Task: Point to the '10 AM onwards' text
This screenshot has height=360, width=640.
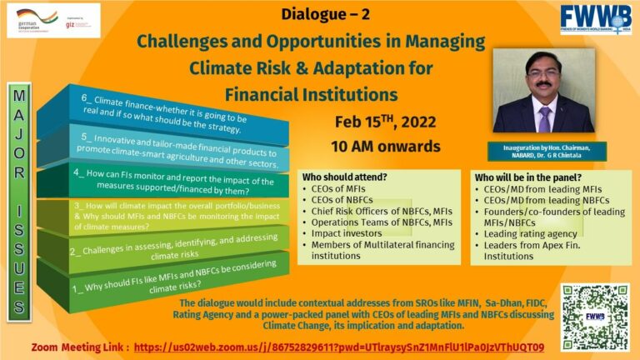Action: pyautogui.click(x=386, y=147)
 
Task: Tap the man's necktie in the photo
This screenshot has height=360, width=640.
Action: pyautogui.click(x=544, y=117)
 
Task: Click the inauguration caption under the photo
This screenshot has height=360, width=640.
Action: pyautogui.click(x=547, y=151)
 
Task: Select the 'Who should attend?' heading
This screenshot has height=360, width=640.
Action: pyautogui.click(x=342, y=178)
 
